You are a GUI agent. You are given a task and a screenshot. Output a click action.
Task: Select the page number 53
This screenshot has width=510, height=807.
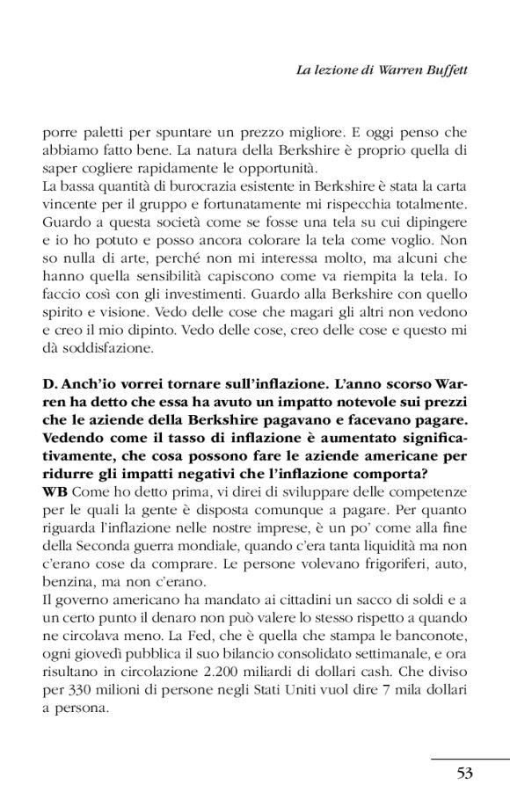tap(465, 773)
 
